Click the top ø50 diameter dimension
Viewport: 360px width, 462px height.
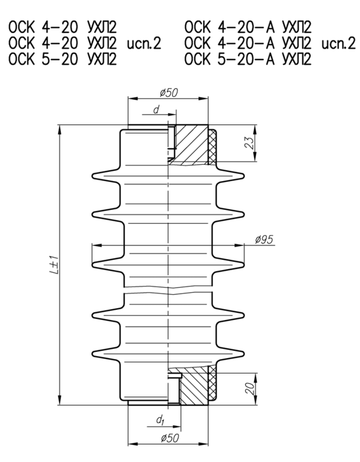click(x=169, y=92)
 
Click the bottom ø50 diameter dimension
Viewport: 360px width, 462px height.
click(x=169, y=438)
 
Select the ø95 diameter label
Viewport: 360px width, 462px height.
click(x=264, y=239)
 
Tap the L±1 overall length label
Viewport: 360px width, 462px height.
click(x=53, y=265)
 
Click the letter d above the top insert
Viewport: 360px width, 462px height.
click(x=156, y=109)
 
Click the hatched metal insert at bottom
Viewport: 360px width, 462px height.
click(x=192, y=388)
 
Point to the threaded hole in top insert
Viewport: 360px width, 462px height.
click(x=171, y=138)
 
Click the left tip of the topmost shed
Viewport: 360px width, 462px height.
click(x=93, y=176)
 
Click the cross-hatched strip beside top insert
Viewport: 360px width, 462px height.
click(x=212, y=146)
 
